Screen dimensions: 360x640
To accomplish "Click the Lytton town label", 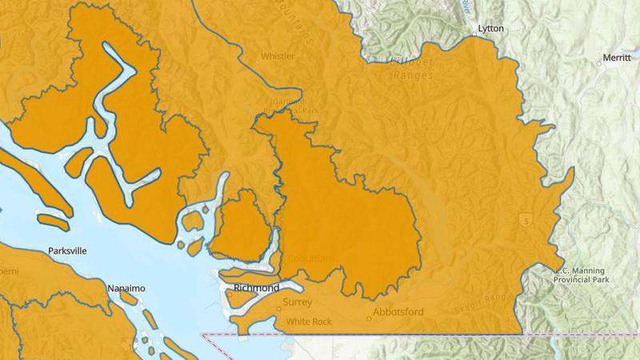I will coord(490,28).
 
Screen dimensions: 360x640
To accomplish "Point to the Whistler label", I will coord(278,56).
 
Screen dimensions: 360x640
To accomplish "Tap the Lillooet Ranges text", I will coord(411,68).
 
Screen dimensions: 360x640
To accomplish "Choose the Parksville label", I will coord(66,250).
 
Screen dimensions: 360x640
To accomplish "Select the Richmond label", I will coord(256,288).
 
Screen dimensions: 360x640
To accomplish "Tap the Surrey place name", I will coord(297,302).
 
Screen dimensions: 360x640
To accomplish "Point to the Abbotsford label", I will coord(399,313).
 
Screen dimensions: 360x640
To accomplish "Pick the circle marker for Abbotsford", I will coord(370,318).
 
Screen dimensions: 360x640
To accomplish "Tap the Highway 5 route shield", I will coord(526,219).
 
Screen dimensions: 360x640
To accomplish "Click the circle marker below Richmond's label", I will coord(230,294).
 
